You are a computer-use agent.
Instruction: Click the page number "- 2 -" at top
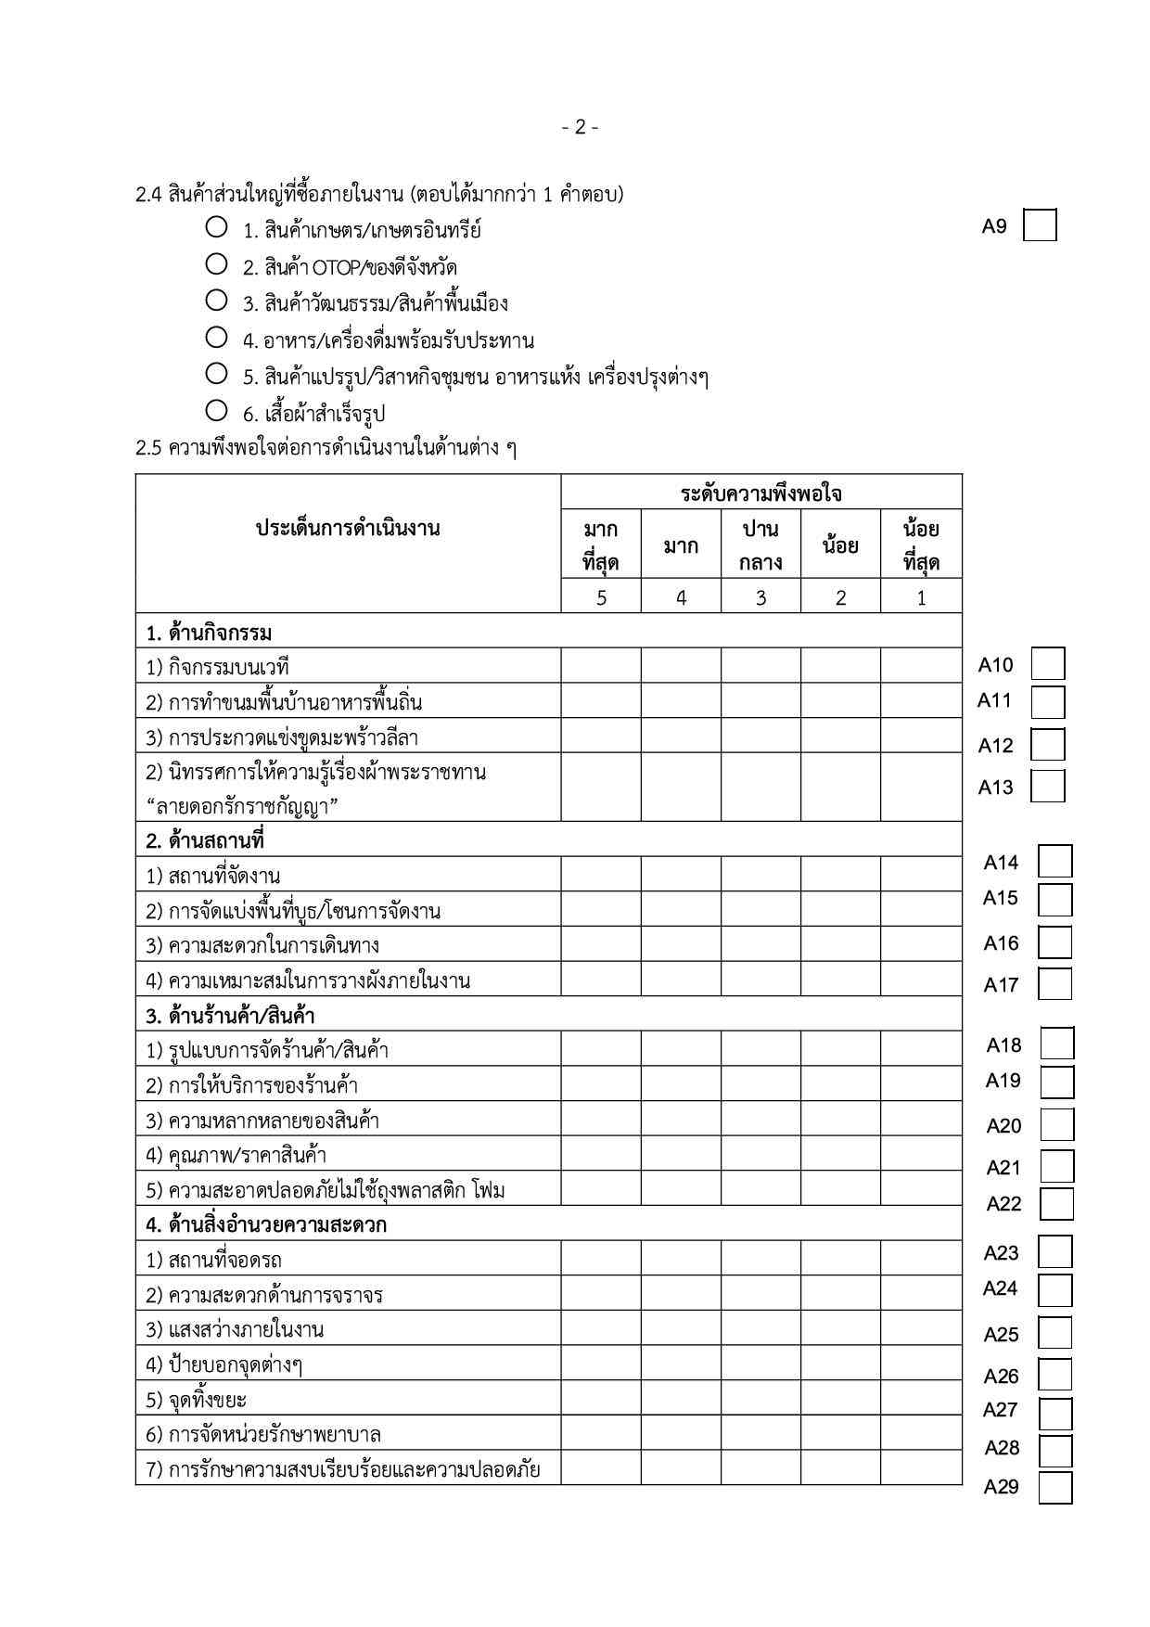580,127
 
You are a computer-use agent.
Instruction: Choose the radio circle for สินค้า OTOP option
217,264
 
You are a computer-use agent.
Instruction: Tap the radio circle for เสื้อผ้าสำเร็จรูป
217,410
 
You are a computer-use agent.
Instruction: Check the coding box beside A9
1040,226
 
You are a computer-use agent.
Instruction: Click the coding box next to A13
1047,786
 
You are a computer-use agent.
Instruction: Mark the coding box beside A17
1054,983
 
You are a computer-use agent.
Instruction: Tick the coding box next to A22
1056,1203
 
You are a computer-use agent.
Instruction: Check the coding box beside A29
1055,1487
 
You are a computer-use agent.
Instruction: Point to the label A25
1001,1334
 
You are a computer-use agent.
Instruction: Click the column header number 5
601,598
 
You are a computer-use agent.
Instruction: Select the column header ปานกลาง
760,545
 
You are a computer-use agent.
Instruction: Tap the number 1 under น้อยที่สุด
921,598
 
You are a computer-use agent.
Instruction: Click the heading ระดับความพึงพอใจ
760,493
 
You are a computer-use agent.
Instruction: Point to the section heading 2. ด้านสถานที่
206,840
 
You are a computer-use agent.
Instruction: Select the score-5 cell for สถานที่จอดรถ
601,1258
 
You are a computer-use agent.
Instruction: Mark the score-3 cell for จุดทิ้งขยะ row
760,1398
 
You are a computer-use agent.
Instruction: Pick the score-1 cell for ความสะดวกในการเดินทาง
921,944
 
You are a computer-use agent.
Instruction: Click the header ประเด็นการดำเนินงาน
348,529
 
